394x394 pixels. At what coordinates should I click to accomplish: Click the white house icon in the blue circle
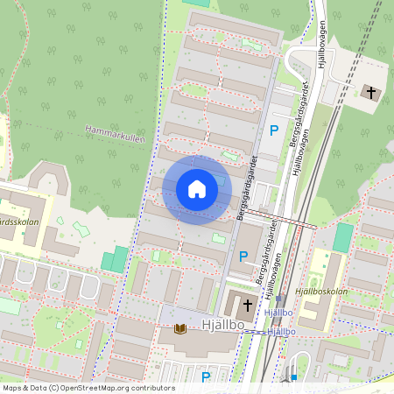[x=197, y=189]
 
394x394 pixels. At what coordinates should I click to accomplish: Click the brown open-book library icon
[x=181, y=328]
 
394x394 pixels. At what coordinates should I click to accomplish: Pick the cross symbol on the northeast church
[x=370, y=91]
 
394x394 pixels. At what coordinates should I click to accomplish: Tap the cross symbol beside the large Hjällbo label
[x=248, y=306]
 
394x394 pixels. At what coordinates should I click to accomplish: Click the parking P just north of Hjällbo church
[x=243, y=257]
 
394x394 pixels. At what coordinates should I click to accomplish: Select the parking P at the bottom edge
[x=207, y=377]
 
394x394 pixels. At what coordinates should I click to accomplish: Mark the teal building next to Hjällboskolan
[x=343, y=236]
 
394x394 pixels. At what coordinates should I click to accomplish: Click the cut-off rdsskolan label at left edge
[x=15, y=221]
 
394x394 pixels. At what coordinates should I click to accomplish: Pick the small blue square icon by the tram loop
[x=294, y=377]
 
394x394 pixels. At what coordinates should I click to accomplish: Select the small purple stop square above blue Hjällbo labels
[x=280, y=299]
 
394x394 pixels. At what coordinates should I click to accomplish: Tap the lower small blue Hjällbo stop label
[x=282, y=332]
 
